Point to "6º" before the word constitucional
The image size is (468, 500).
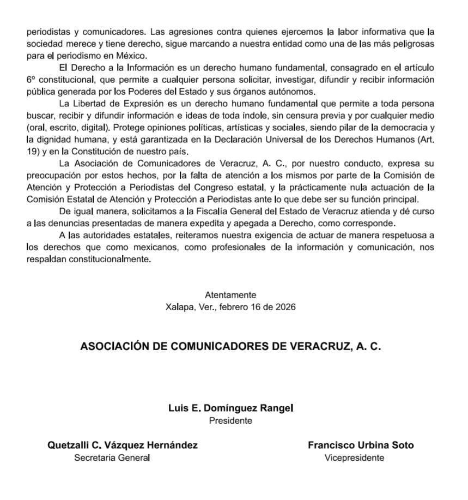click(x=31, y=80)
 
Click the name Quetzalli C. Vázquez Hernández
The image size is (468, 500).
click(x=123, y=445)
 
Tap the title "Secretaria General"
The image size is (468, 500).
click(x=112, y=458)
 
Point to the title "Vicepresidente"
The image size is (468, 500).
click(x=354, y=458)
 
